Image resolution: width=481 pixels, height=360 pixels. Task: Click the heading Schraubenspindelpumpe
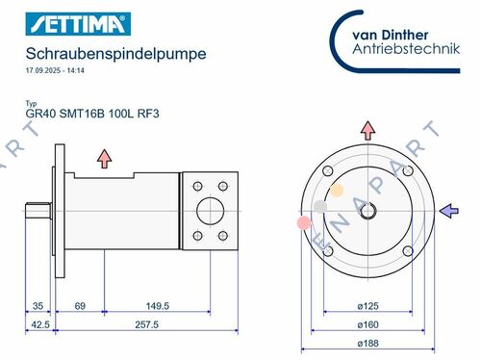pyautogui.click(x=115, y=54)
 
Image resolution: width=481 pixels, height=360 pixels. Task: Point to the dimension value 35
pyautogui.click(x=38, y=306)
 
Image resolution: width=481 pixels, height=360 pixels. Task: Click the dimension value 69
pyautogui.click(x=80, y=306)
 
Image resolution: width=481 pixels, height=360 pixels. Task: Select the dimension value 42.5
pyautogui.click(x=39, y=326)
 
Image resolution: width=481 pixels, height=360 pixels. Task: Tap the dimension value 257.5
pyautogui.click(x=145, y=326)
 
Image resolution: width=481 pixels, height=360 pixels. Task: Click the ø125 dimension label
pyautogui.click(x=367, y=306)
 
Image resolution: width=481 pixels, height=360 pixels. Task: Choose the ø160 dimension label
pyautogui.click(x=367, y=325)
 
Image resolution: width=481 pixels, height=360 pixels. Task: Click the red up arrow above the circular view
pyautogui.click(x=367, y=130)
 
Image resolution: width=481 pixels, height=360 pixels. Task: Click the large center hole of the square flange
pyautogui.click(x=209, y=210)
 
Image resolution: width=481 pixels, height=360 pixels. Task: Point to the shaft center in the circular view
pyautogui.click(x=367, y=210)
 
